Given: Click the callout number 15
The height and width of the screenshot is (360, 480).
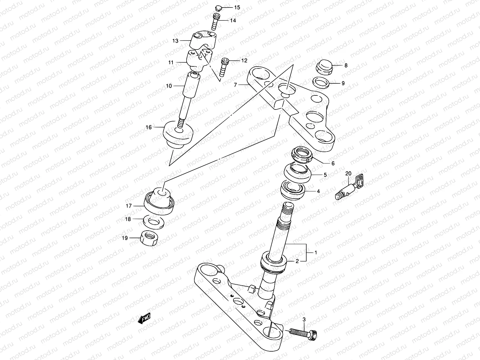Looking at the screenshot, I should pos(237,7).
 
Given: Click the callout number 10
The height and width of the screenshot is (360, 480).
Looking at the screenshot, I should pos(169,86).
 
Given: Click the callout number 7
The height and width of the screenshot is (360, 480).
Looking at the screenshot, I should pos(236,85).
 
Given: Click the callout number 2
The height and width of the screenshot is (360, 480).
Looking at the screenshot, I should pos(297,261).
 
